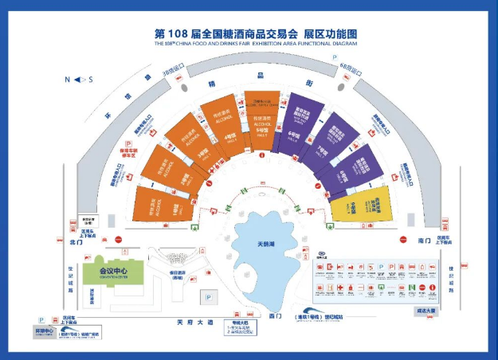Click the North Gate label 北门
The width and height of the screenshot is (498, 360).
pos(76,240)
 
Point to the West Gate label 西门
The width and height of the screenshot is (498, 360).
pos(277,317)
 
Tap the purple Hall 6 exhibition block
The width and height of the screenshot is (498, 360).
pos(295,125)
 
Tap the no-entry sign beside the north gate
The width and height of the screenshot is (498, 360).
pos(117,239)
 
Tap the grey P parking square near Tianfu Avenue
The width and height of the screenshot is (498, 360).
pos(206,298)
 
